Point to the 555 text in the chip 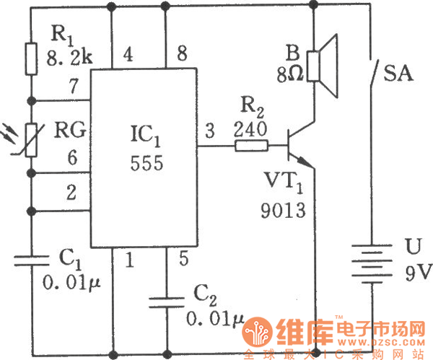[x=146, y=164]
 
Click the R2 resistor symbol [x=251, y=146]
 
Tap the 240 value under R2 [x=251, y=129]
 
